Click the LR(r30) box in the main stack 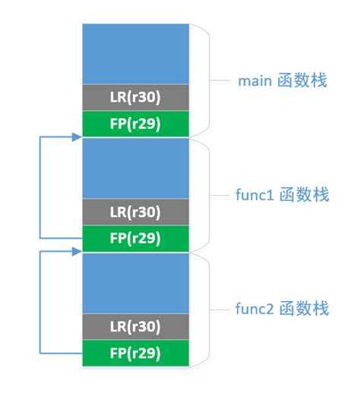pyautogui.click(x=136, y=97)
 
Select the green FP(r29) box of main pyautogui.click(x=136, y=124)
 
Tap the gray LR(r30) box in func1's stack pyautogui.click(x=136, y=212)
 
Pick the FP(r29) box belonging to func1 pyautogui.click(x=136, y=238)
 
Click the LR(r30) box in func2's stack pyautogui.click(x=136, y=326)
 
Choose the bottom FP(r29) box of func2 pyautogui.click(x=136, y=353)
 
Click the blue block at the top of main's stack pyautogui.click(x=136, y=53)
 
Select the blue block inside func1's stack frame pyautogui.click(x=136, y=168)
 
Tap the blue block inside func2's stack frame pyautogui.click(x=136, y=282)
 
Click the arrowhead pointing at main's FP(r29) pyautogui.click(x=77, y=137)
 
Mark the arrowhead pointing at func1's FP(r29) pyautogui.click(x=77, y=252)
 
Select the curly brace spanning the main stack pyautogui.click(x=201, y=80)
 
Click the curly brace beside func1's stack pyautogui.click(x=201, y=195)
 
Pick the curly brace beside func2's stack pyautogui.click(x=201, y=309)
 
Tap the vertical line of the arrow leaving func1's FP pyautogui.click(x=39, y=187)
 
